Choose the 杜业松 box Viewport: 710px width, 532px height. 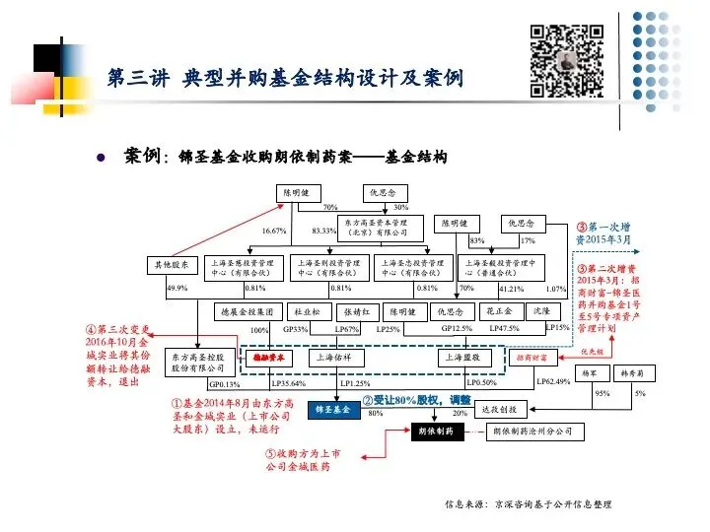[307, 311]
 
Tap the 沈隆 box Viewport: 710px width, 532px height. [541, 311]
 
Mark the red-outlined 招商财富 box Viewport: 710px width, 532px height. [532, 359]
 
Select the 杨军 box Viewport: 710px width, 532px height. [591, 374]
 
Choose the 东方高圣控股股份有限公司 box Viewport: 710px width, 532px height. [200, 362]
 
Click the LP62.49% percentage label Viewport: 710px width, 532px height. [553, 381]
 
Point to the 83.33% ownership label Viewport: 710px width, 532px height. [324, 231]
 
